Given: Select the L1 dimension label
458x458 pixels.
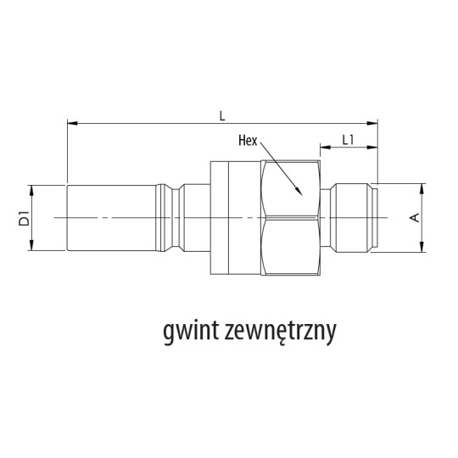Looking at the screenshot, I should pyautogui.click(x=347, y=139).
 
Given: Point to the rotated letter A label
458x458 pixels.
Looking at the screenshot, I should pyautogui.click(x=414, y=218).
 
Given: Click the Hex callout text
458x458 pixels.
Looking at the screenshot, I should pyautogui.click(x=248, y=142).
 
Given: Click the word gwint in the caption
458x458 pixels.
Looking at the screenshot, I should pyautogui.click(x=192, y=330).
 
